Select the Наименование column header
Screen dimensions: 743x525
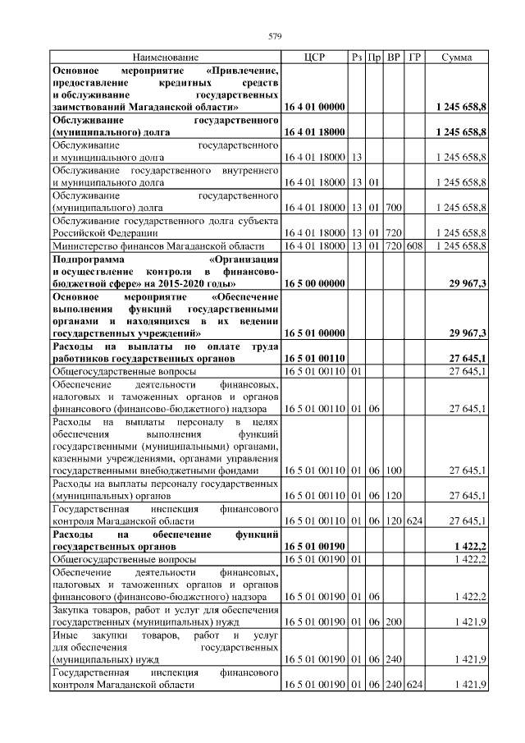coord(165,57)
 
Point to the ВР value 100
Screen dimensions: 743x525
coord(393,470)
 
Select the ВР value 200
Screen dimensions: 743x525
coord(393,621)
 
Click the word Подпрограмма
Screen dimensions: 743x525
coord(89,259)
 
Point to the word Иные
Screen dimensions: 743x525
coord(65,635)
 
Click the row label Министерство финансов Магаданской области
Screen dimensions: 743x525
coord(157,245)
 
